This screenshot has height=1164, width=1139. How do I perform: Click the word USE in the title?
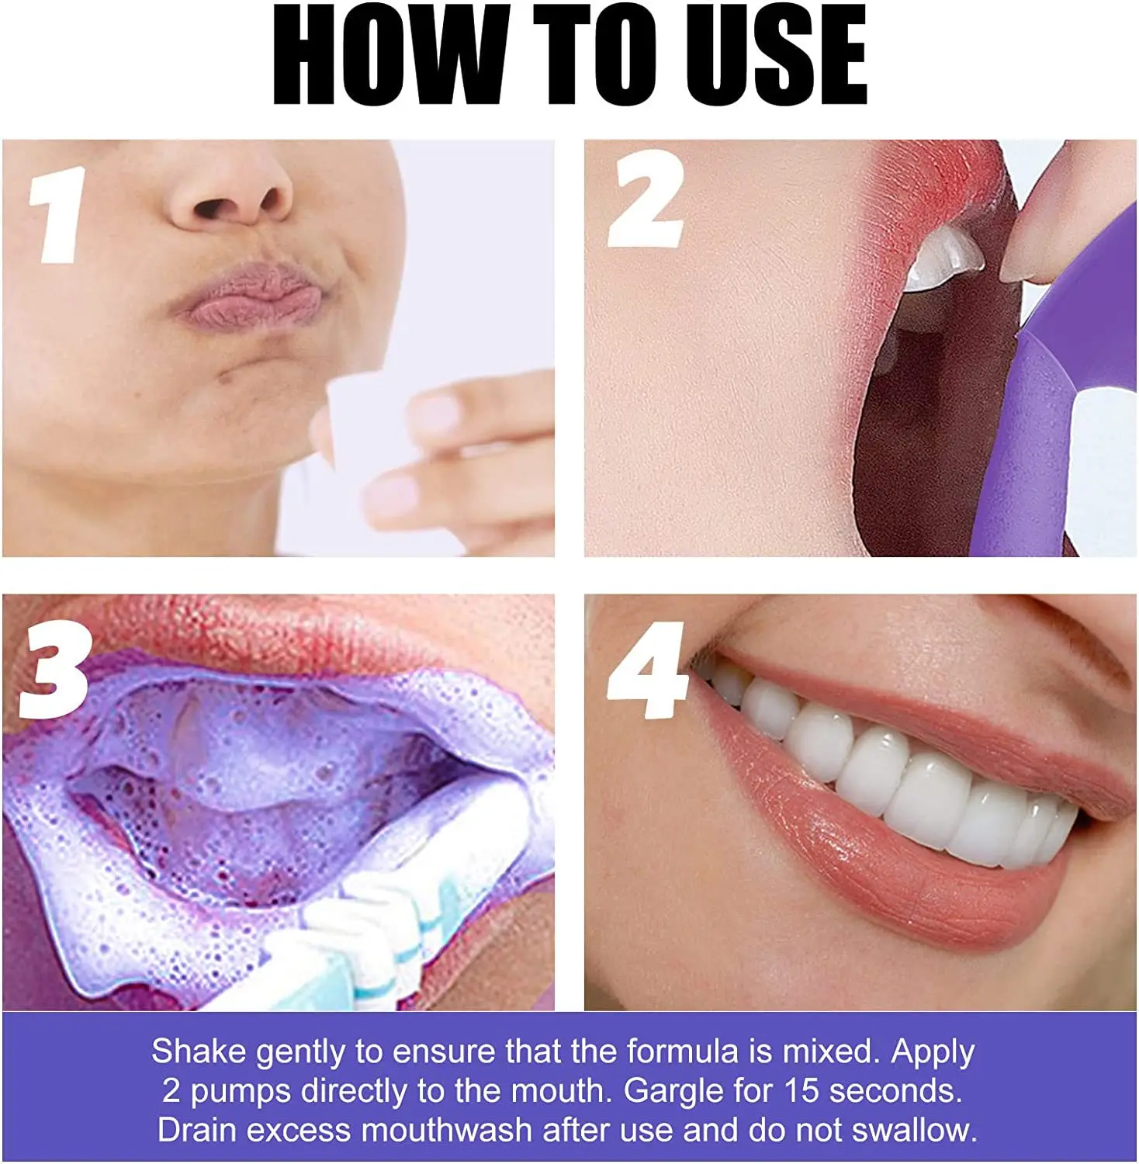[776, 56]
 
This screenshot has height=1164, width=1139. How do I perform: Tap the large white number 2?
[646, 199]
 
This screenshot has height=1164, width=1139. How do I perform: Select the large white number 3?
[54, 669]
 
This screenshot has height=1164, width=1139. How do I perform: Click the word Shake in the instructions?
[199, 1051]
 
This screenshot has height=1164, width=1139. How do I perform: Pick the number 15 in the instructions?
[801, 1091]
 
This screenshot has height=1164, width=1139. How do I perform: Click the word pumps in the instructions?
[241, 1091]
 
